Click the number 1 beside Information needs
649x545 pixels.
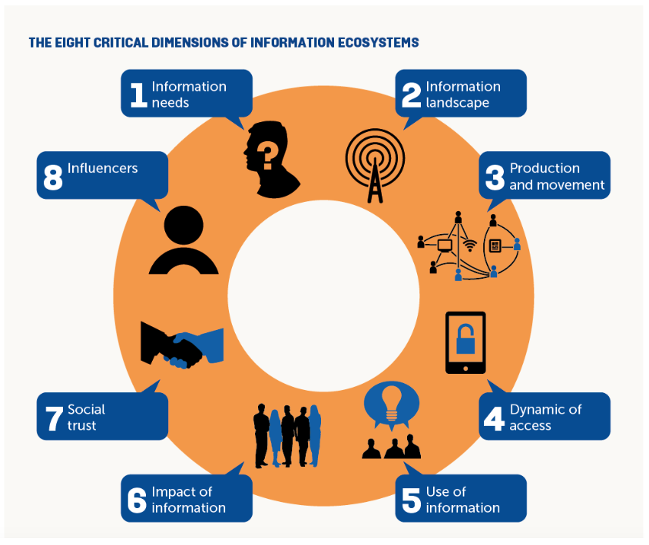point(137,94)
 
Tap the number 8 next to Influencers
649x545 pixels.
point(53,176)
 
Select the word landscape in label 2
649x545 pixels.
point(458,103)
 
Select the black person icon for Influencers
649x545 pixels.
point(184,240)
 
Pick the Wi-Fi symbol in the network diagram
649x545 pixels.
point(469,246)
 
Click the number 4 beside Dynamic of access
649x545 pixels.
point(494,418)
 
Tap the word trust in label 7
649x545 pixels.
point(82,425)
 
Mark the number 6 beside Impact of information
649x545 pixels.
point(137,500)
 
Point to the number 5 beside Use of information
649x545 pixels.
point(412,500)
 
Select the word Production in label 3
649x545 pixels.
point(545,168)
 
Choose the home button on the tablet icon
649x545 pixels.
point(466,367)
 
